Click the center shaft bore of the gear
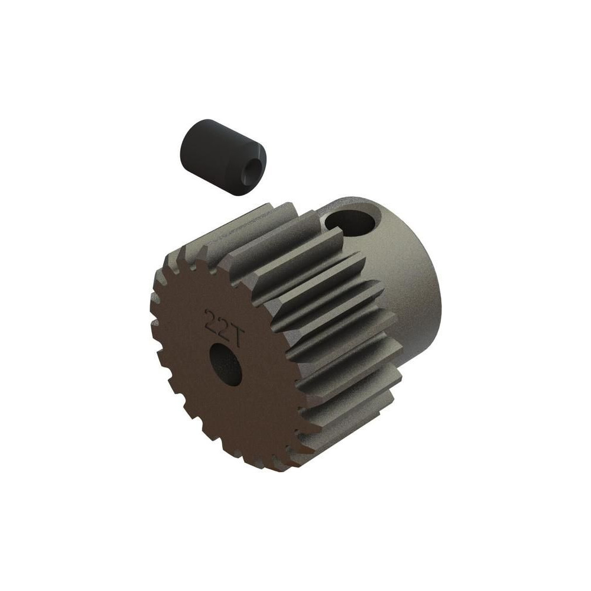pos(225,365)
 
